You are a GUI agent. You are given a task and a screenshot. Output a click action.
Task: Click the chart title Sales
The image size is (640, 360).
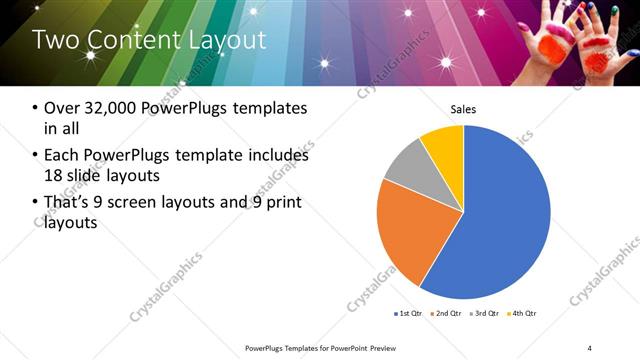coord(463,109)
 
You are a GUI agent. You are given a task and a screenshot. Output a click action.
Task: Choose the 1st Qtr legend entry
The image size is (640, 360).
coord(409,314)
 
